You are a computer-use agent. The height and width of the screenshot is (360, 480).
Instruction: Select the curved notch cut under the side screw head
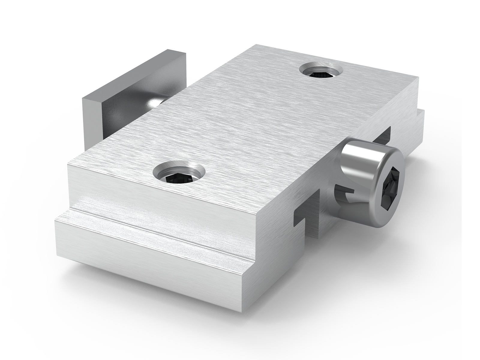tap(345, 195)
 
